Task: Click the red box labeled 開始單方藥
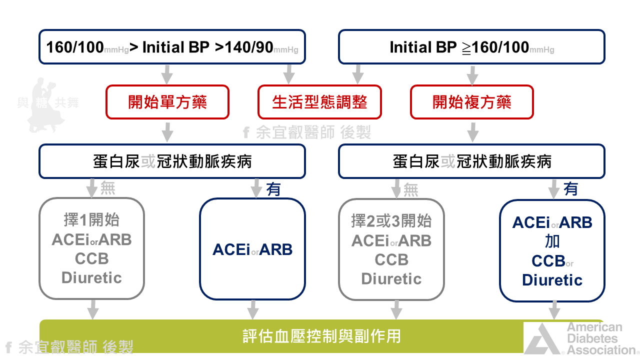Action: [167, 102]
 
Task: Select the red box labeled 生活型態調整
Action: [319, 102]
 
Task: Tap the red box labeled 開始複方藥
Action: [471, 102]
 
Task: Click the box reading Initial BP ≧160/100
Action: [471, 47]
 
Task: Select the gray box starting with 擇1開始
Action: [91, 248]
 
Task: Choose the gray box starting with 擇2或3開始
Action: [391, 249]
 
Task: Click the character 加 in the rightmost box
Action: [552, 241]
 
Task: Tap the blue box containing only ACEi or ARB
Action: [252, 249]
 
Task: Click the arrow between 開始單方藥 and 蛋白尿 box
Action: [167, 132]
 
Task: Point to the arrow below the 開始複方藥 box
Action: [472, 132]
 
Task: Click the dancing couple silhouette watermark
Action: [47, 105]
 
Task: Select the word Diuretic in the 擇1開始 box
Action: [91, 277]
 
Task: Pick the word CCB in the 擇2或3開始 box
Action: [391, 259]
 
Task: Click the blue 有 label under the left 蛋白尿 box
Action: [273, 189]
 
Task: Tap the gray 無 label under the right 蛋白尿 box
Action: [410, 189]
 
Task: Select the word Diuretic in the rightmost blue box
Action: [552, 280]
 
